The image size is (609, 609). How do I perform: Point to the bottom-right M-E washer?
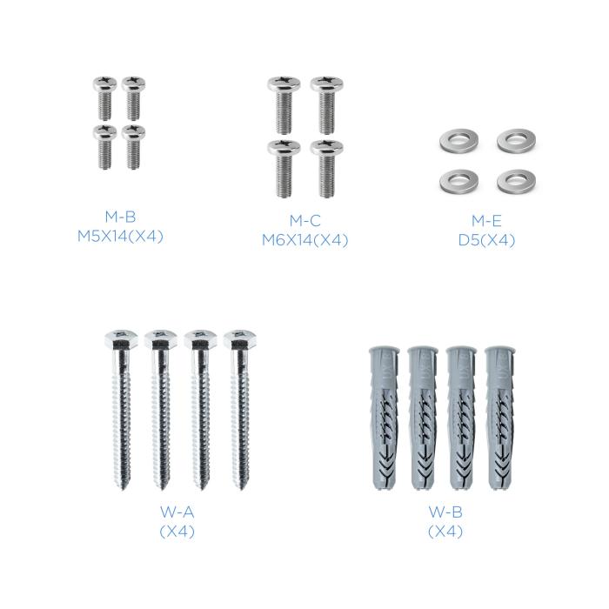513,181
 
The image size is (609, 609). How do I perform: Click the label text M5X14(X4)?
119,235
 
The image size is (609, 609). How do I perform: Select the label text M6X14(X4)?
304,240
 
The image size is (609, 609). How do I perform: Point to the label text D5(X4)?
485,240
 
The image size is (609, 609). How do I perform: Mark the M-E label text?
485,222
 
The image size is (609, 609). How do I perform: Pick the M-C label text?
304,222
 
